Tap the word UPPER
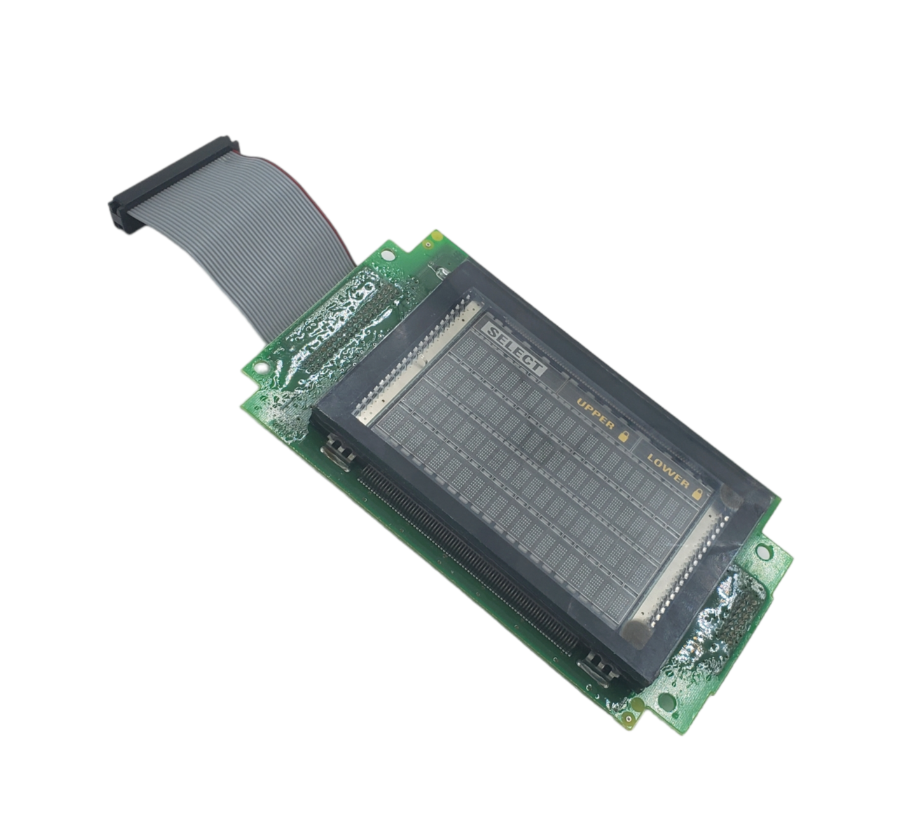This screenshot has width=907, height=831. [595, 414]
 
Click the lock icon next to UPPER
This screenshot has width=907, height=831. [624, 436]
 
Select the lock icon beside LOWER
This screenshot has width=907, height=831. [698, 494]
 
